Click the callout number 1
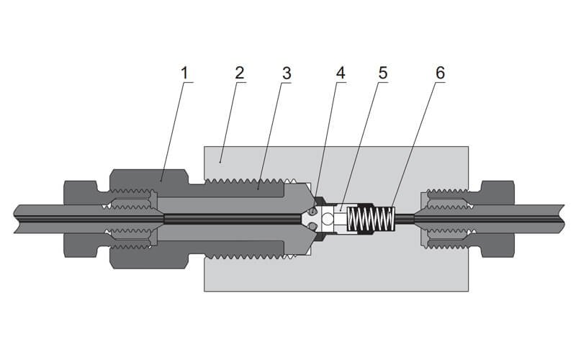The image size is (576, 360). [184, 73]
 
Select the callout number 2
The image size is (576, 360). [239, 73]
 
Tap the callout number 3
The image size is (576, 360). [286, 73]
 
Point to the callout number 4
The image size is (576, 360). [340, 73]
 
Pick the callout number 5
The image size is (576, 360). [382, 73]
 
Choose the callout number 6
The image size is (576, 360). [439, 73]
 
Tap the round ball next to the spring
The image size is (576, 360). [330, 219]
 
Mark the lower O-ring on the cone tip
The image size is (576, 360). [311, 228]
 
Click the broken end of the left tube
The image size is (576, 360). [15, 219]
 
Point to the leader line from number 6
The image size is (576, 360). [416, 144]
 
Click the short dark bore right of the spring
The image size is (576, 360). [405, 219]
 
